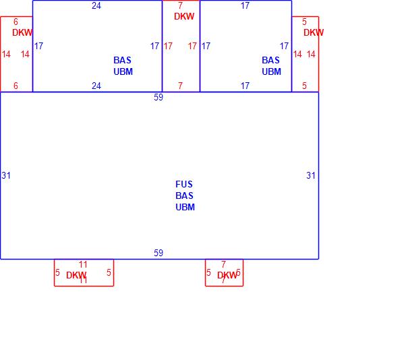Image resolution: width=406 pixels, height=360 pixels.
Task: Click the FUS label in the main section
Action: click(185, 184)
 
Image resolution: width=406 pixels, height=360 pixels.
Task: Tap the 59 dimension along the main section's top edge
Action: click(158, 97)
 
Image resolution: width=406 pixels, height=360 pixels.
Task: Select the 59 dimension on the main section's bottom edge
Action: click(158, 253)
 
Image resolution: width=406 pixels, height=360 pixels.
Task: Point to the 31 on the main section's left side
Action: click(6, 175)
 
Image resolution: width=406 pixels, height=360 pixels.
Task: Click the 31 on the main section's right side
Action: click(311, 175)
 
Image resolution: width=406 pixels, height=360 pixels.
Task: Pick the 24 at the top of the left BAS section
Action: click(96, 5)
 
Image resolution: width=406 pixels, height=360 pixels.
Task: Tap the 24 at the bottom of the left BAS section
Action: click(96, 86)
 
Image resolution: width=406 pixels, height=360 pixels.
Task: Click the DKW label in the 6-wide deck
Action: click(22, 32)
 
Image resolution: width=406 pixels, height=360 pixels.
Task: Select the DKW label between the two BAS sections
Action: click(184, 16)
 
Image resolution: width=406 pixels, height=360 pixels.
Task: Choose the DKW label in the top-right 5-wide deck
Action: click(314, 32)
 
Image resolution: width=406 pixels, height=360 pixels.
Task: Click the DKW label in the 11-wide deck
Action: click(76, 275)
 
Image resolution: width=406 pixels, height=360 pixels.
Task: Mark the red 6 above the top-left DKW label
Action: click(16, 22)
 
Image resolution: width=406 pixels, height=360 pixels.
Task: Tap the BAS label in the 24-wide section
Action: click(123, 60)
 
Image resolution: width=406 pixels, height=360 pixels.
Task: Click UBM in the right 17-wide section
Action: click(271, 71)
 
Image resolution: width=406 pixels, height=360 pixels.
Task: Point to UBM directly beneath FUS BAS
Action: click(185, 207)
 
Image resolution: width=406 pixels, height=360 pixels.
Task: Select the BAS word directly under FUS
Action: click(185, 196)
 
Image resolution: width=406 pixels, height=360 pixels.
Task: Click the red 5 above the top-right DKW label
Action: click(304, 22)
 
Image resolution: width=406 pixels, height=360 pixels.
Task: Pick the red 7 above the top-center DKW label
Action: click(180, 5)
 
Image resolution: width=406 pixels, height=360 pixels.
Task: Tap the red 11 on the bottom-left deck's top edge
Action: click(84, 264)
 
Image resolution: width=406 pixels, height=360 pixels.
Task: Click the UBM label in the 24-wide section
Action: click(123, 71)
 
